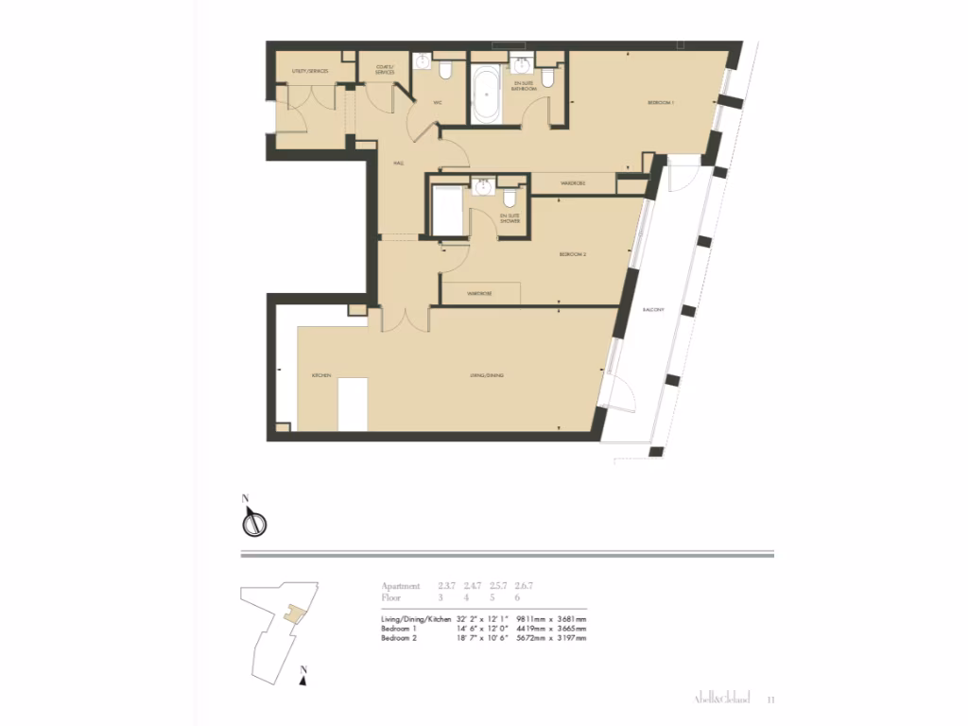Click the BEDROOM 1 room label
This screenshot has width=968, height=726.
[x=661, y=102]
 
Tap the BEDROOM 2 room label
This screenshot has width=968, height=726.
[x=573, y=255]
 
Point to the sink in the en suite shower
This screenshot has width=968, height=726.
[x=482, y=186]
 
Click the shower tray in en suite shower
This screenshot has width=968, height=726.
[x=446, y=210]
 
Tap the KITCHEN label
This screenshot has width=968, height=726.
[x=321, y=376]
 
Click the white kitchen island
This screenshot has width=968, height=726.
[x=353, y=403]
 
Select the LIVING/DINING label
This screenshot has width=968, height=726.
[x=487, y=376]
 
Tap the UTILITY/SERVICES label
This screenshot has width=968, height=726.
[x=309, y=71]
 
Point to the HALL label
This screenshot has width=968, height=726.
[x=399, y=164]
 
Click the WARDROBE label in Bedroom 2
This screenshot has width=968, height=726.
[x=479, y=294]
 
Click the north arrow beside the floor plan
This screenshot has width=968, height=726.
[x=253, y=520]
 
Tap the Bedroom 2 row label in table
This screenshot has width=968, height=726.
[x=399, y=638]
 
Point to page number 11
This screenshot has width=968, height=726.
[x=771, y=700]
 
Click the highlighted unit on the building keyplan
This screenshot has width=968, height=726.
[x=297, y=614]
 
